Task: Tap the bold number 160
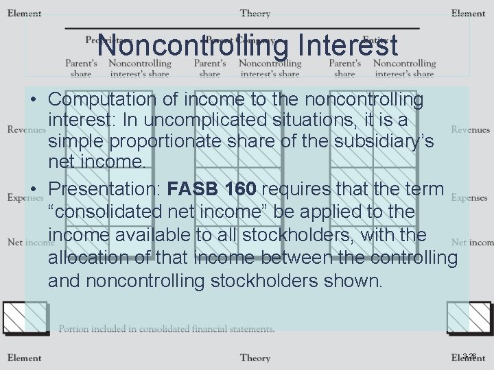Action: click(243, 188)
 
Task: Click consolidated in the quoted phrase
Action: click(111, 212)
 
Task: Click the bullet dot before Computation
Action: click(33, 101)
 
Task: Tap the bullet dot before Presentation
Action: click(33, 189)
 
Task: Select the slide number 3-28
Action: click(470, 356)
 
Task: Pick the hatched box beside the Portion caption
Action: click(24, 318)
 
